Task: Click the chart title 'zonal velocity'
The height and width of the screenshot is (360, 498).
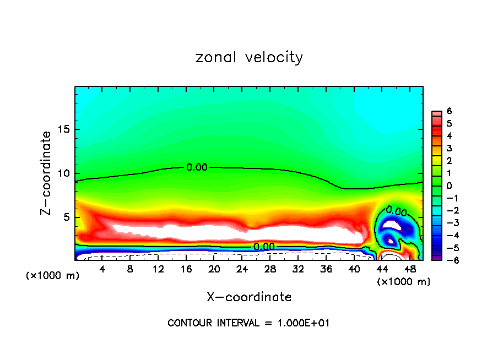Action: (x=249, y=57)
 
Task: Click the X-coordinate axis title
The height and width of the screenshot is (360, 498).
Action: (x=249, y=297)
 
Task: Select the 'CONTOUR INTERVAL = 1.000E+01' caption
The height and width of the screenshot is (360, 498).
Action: (x=249, y=323)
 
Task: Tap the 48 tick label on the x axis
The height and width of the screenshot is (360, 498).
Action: (x=409, y=270)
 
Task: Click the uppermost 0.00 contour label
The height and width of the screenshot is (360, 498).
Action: (x=197, y=167)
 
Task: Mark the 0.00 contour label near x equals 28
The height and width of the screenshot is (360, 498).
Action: (x=264, y=247)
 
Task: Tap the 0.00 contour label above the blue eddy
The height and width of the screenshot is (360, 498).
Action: (x=396, y=210)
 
